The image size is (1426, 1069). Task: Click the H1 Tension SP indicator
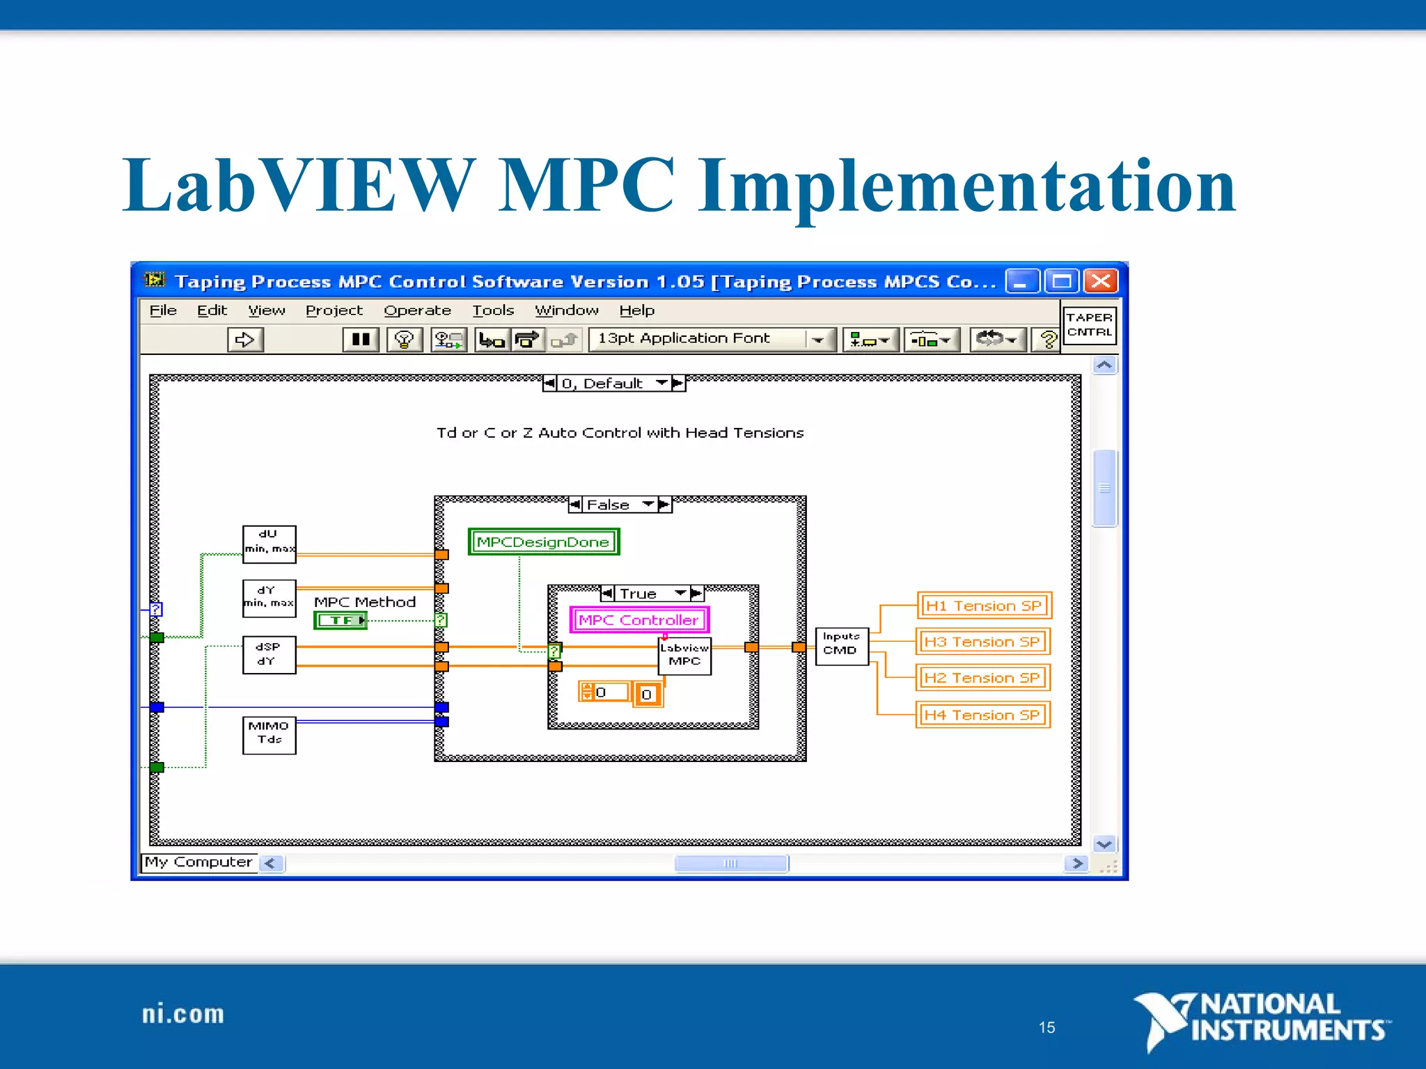coord(983,605)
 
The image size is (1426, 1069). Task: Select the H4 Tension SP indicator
coord(982,715)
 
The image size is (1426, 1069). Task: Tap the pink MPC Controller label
coord(638,619)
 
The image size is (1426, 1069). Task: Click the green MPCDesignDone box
coord(543,541)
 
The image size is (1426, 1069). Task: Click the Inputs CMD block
coord(841,645)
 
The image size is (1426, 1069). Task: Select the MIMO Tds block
coord(269,735)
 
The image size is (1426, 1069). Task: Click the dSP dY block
coord(269,654)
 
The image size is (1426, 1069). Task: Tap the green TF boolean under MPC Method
coord(340,620)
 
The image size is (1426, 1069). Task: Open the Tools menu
coord(493,310)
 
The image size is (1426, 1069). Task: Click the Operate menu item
coord(417,310)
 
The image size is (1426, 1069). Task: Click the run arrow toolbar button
coord(245,340)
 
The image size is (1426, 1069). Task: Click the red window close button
coord(1101,282)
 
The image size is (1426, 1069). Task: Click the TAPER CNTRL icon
coord(1089,325)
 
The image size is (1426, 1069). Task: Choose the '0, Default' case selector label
coord(603,383)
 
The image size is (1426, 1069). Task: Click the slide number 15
coord(1047,1027)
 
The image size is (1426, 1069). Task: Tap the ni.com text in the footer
coord(183,1014)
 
